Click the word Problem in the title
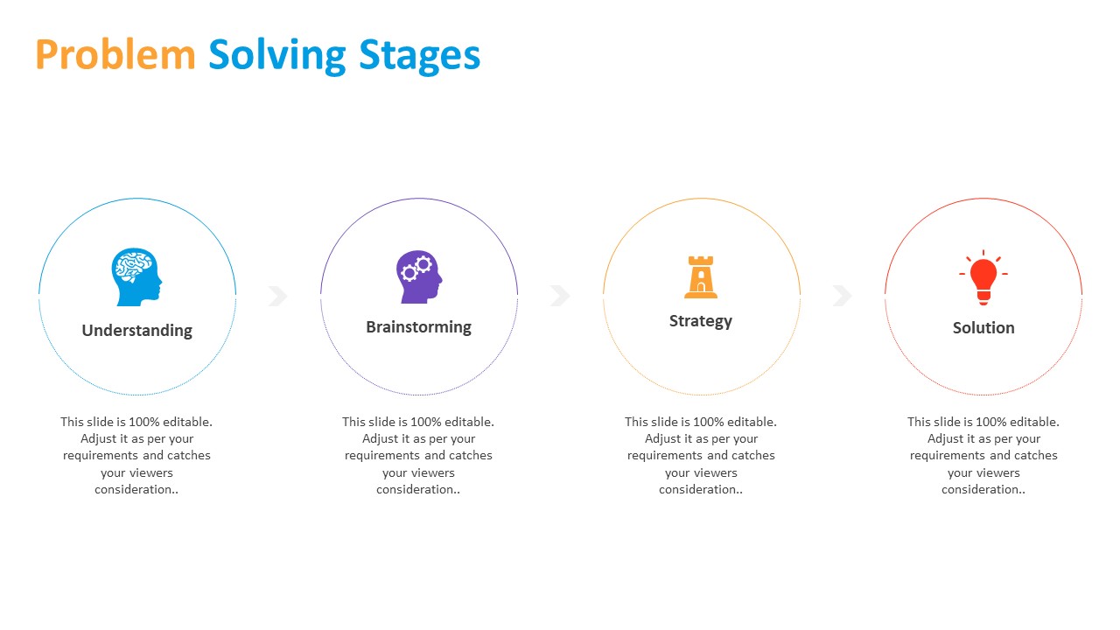click(x=115, y=54)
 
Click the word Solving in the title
click(x=277, y=56)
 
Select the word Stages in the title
click(x=419, y=57)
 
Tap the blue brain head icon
click(x=136, y=277)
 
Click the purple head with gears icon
click(x=419, y=276)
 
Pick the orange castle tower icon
click(x=701, y=277)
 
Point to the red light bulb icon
click(x=983, y=277)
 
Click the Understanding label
click(x=137, y=331)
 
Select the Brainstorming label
click(x=418, y=327)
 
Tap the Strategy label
click(x=701, y=321)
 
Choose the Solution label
click(x=983, y=328)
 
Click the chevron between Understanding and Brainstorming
click(x=278, y=296)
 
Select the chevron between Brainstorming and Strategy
click(x=560, y=296)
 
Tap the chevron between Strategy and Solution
click(x=842, y=296)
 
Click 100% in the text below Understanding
click(x=144, y=422)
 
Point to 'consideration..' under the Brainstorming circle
click(x=418, y=489)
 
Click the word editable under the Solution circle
click(x=1034, y=422)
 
